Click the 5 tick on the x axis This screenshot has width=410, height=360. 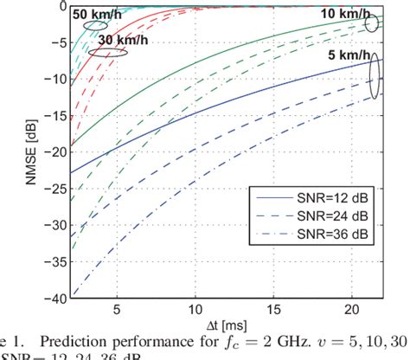[117, 308]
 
